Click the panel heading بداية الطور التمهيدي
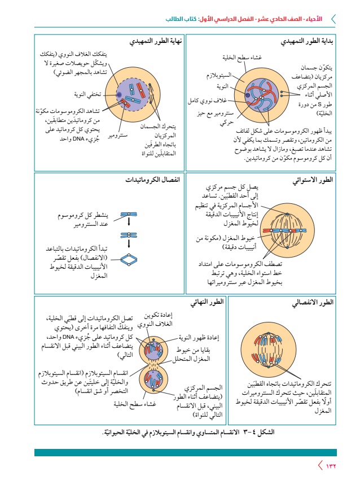click(308, 42)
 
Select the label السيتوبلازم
click(217, 75)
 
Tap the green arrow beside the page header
click(332, 19)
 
